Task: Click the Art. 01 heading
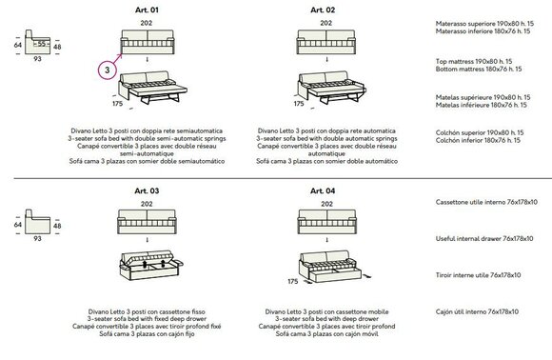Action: coord(147,10)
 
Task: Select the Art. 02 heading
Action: coord(323,10)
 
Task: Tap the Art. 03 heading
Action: coord(147,190)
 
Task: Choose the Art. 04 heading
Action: coord(323,190)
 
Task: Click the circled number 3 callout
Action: coord(108,70)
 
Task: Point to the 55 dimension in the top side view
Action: coord(42,44)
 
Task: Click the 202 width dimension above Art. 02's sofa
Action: coord(326,23)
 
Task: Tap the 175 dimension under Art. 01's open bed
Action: coord(118,104)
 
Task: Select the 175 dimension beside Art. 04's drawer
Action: coord(293,282)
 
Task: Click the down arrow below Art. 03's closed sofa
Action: coord(148,240)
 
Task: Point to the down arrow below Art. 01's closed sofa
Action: coord(148,60)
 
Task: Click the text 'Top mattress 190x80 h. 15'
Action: coord(474,62)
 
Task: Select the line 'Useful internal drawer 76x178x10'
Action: coord(484,239)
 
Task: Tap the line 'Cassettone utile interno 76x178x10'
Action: coord(486,202)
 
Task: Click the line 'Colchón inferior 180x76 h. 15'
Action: coord(478,141)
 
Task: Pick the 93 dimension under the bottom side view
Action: coord(37,239)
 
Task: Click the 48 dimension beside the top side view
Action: coord(57,47)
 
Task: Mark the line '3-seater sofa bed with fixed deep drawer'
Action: coord(147,319)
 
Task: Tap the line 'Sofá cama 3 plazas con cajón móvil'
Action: coord(327,334)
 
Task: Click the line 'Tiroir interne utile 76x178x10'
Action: coord(478,275)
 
